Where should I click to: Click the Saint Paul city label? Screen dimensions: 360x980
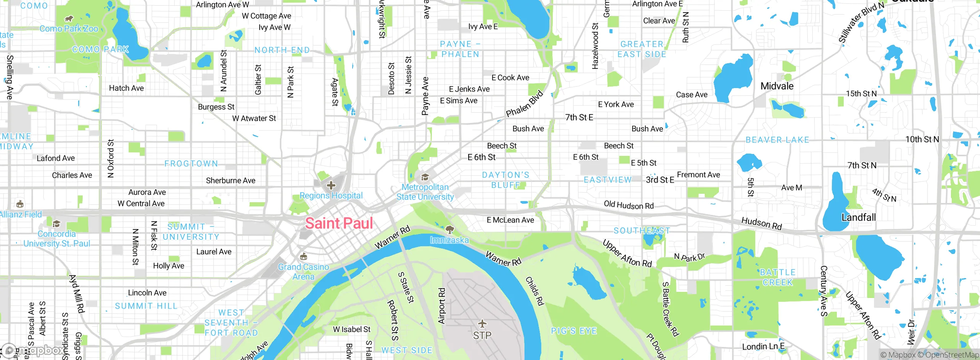(339, 223)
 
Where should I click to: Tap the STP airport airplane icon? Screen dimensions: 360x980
(482, 324)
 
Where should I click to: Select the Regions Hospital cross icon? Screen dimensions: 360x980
(331, 186)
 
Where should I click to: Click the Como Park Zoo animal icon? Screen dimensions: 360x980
(69, 19)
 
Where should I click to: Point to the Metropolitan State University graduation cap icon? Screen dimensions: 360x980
(425, 177)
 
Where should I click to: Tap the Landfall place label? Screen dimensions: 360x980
(858, 218)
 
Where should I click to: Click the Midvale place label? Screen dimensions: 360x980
(777, 86)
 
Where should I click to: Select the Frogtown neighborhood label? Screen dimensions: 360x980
(191, 164)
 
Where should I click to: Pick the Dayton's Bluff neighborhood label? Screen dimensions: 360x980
(506, 180)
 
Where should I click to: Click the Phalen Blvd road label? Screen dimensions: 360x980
(524, 104)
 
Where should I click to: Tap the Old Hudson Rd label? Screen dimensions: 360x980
(629, 205)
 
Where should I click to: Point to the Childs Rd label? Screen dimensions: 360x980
(534, 291)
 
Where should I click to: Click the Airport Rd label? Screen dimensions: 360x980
(441, 306)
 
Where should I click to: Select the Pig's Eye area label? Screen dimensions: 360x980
(574, 331)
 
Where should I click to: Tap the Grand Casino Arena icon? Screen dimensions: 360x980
(304, 256)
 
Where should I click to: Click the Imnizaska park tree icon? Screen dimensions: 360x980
(450, 229)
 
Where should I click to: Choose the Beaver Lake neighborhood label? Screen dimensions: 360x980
(777, 140)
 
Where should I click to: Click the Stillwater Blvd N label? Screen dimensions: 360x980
(861, 22)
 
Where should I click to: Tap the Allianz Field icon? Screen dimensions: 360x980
(20, 204)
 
